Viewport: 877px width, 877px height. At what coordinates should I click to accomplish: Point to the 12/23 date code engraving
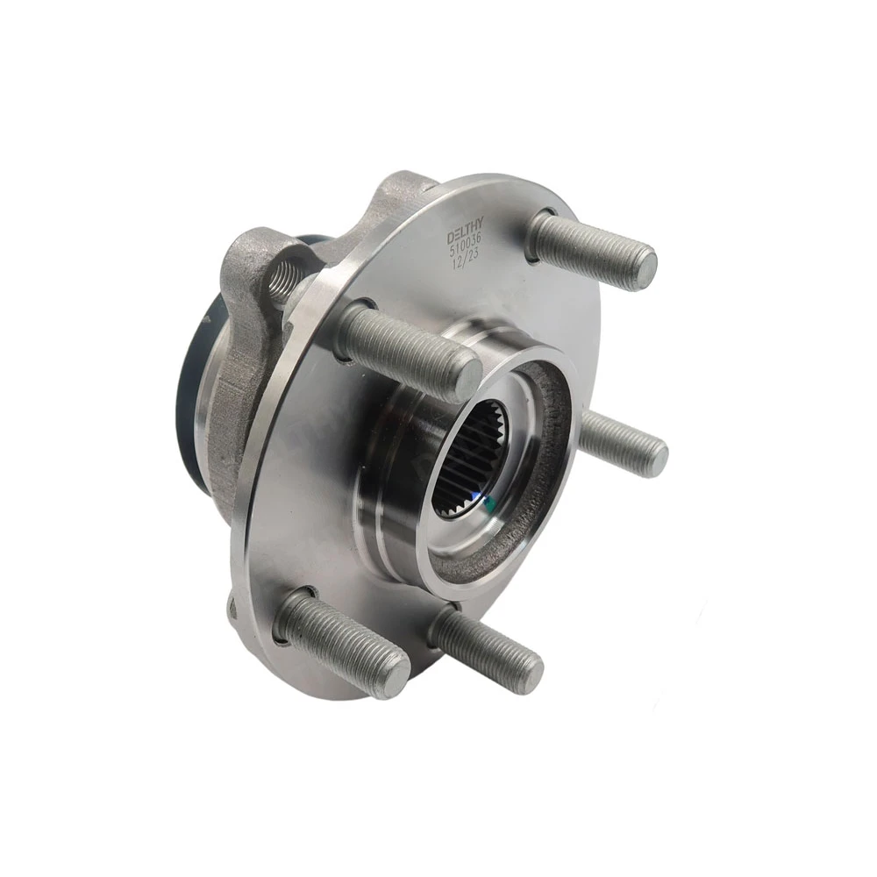coord(467,257)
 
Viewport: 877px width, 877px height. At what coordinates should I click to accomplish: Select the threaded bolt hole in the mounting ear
coord(282,280)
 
